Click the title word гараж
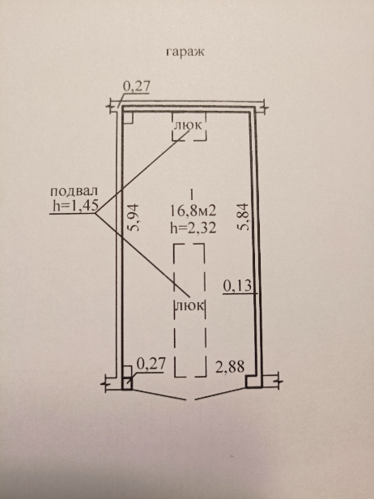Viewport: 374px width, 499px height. (185, 52)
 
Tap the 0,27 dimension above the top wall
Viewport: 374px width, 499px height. (136, 87)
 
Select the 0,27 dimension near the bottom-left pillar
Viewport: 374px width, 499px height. (151, 364)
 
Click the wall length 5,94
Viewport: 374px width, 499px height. (134, 217)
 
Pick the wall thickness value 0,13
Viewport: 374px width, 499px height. (237, 286)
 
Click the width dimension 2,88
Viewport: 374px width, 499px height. (230, 367)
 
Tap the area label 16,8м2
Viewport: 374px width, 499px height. (193, 211)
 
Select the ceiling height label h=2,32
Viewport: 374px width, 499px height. (193, 228)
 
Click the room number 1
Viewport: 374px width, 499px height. (191, 194)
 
